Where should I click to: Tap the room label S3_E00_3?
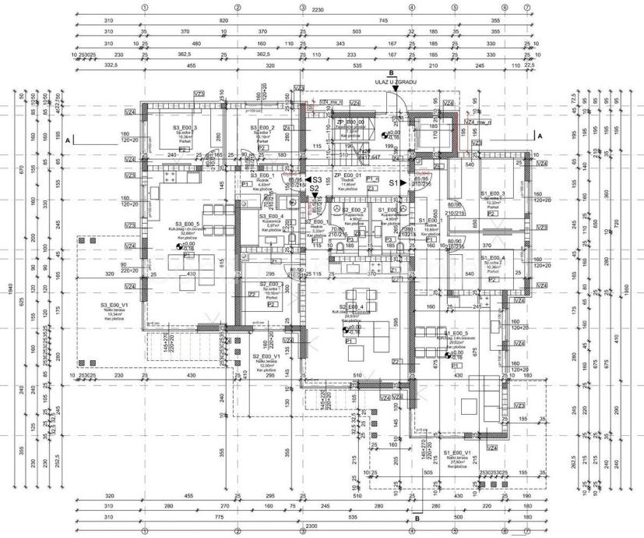click(185, 127)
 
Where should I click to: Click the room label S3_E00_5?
click(187, 225)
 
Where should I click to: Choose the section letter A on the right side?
click(540, 135)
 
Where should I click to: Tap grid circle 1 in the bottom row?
click(145, 533)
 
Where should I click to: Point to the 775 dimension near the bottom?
click(220, 515)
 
